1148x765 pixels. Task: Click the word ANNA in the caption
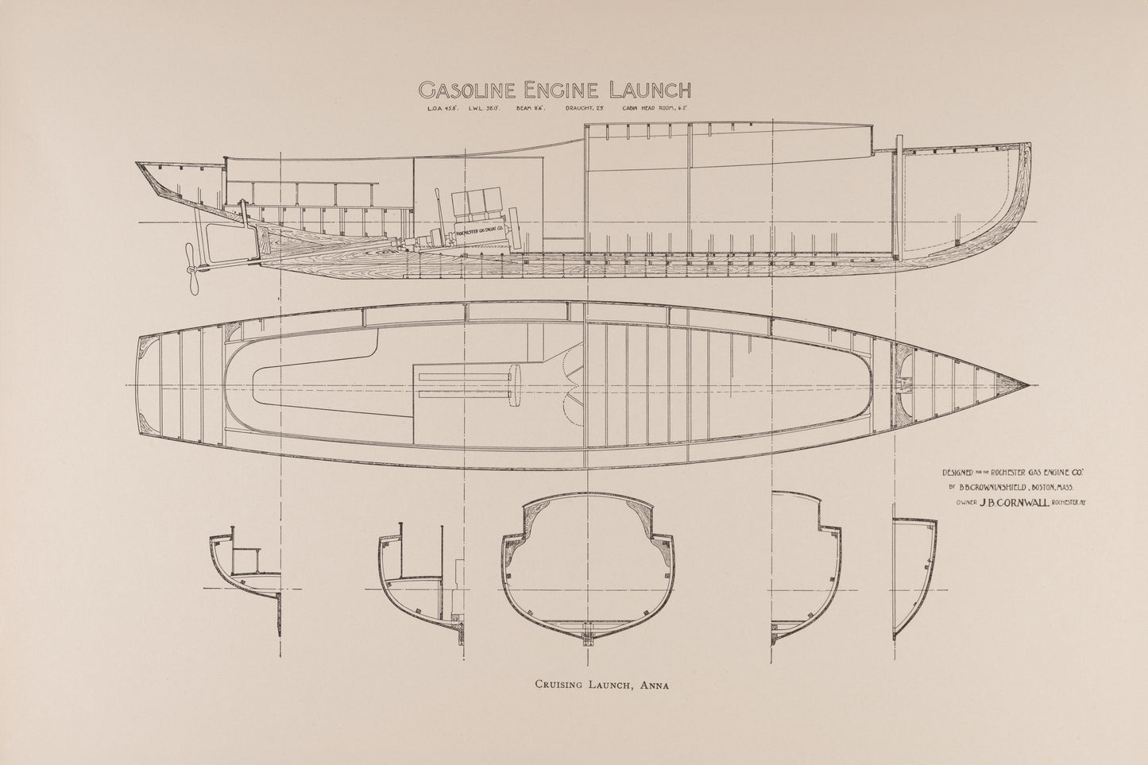tap(652, 683)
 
